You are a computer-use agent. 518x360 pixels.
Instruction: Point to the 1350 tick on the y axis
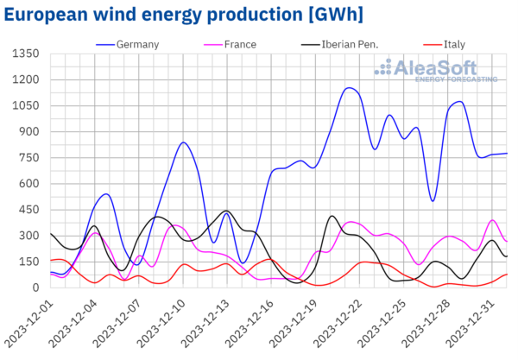point(27,54)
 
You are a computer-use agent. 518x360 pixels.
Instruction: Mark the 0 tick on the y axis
point(37,287)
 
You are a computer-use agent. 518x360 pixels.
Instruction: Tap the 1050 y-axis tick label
point(27,105)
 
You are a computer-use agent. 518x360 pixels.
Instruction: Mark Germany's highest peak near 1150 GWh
point(348,87)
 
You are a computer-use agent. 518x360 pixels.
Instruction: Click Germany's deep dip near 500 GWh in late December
point(433,200)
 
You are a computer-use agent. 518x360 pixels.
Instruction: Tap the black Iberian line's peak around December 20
point(332,216)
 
